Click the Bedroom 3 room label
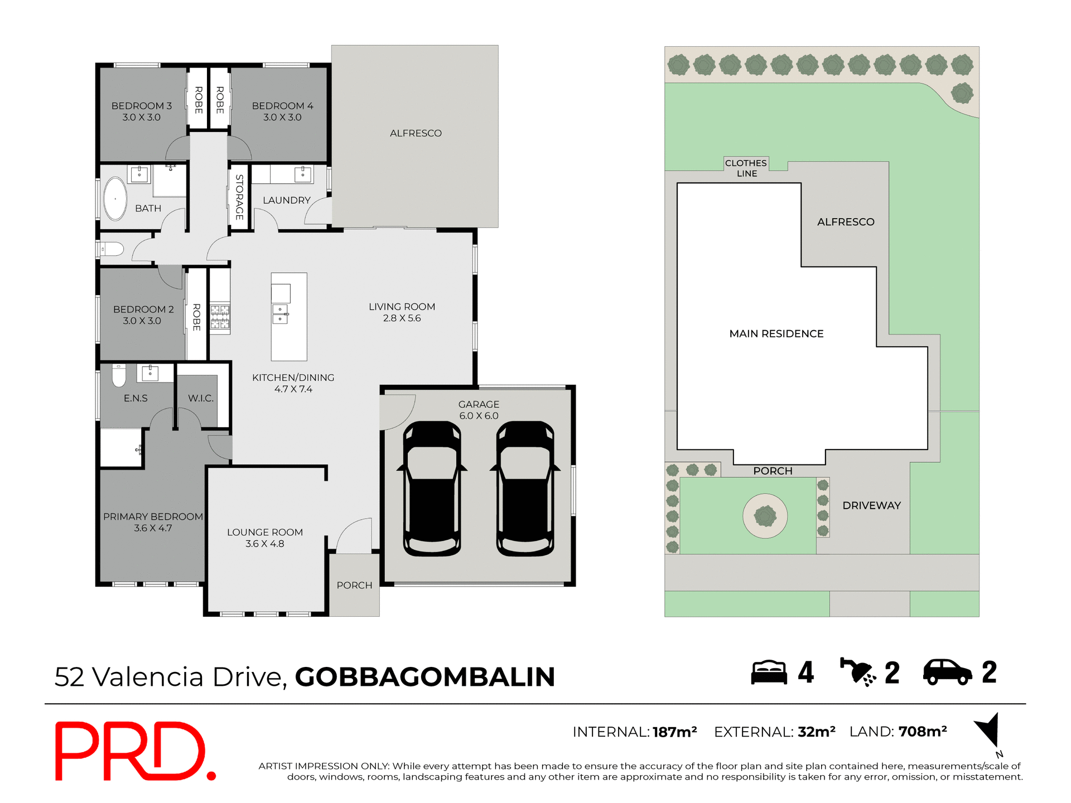[x=142, y=112]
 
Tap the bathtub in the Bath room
[x=115, y=199]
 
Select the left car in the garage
[x=432, y=489]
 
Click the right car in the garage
[x=525, y=489]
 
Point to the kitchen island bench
[x=289, y=317]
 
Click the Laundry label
[x=286, y=200]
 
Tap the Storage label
[x=239, y=197]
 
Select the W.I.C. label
[x=201, y=398]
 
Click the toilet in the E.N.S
[x=119, y=376]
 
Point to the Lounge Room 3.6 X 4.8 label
[x=265, y=538]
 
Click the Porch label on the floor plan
[x=354, y=585]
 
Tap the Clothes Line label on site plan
[x=746, y=168]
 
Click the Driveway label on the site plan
[x=871, y=505]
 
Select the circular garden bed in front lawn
[x=765, y=516]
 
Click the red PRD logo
[x=134, y=751]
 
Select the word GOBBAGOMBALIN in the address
[x=425, y=677]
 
